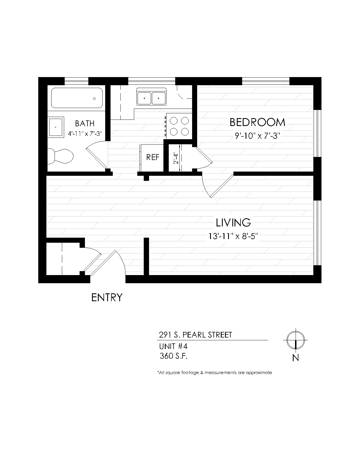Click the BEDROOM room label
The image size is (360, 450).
tap(257, 122)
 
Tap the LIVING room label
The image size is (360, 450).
tap(233, 222)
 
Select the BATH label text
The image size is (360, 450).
tap(85, 123)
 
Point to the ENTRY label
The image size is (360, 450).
tap(107, 297)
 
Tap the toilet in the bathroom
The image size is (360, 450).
tap(60, 156)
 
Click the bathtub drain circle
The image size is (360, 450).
tap(94, 98)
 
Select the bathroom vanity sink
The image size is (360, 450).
tap(56, 127)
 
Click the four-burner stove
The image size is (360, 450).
tap(179, 126)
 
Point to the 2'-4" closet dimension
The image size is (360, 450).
tap(176, 159)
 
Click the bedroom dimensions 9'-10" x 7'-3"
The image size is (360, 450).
tap(257, 136)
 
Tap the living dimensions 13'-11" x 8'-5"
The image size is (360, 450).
tap(233, 236)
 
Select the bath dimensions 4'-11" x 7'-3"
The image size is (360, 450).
tap(85, 134)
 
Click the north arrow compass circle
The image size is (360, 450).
tap(296, 340)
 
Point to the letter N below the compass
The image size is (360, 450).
tap(296, 358)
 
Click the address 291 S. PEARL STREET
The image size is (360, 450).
tap(195, 335)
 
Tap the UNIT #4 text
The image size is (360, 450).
tap(173, 346)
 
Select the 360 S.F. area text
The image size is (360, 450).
tap(174, 356)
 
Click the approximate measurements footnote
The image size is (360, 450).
tap(215, 372)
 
